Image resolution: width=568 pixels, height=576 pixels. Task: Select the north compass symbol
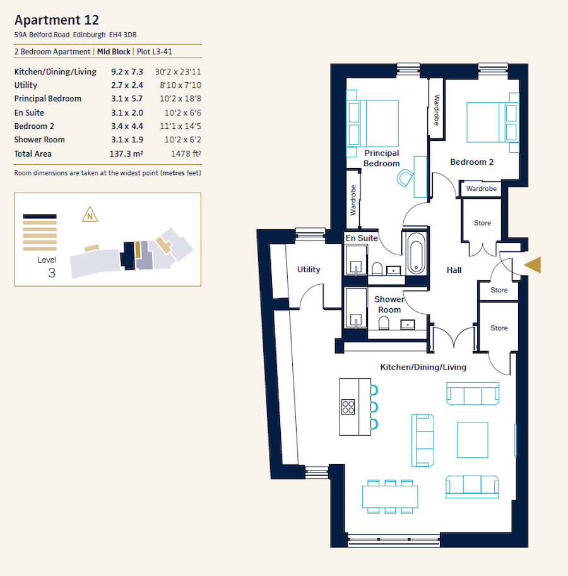coord(90,215)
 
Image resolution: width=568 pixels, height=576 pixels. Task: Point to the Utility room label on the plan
coord(309,270)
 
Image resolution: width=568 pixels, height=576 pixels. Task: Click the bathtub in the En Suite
coord(415,254)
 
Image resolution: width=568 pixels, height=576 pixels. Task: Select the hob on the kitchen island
coord(348,406)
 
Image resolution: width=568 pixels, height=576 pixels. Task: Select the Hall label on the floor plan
coord(454,270)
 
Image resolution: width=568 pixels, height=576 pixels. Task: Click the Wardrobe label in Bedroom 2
coord(482,189)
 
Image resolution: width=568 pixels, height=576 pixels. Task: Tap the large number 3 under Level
coord(51,273)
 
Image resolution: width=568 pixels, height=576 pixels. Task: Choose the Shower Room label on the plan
coord(389,304)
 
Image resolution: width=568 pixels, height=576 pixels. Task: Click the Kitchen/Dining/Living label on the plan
coord(423,367)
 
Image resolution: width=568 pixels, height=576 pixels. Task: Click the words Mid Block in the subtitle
coord(114,51)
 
